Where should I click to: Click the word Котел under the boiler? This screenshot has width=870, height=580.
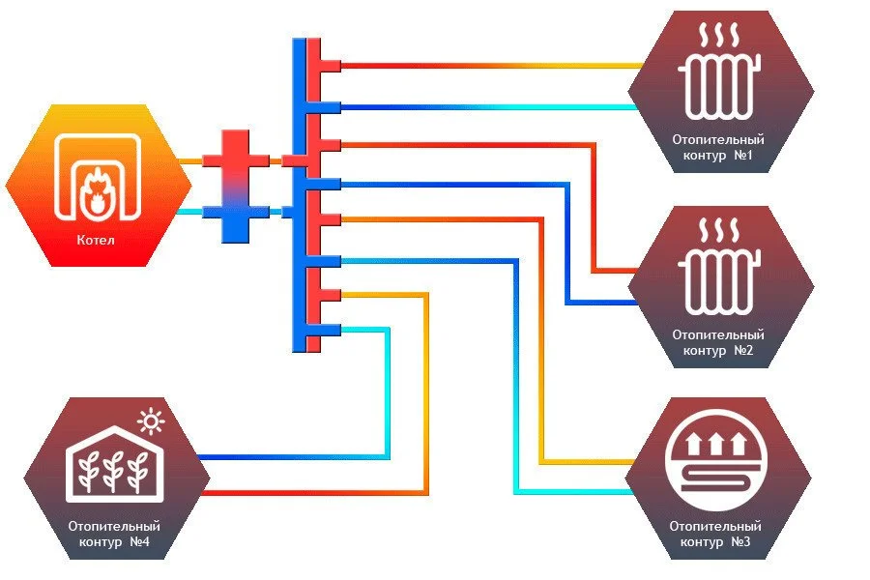tap(98, 240)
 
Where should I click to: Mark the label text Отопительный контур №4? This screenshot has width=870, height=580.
tap(114, 534)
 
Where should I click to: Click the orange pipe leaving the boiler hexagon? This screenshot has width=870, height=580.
tap(191, 160)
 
